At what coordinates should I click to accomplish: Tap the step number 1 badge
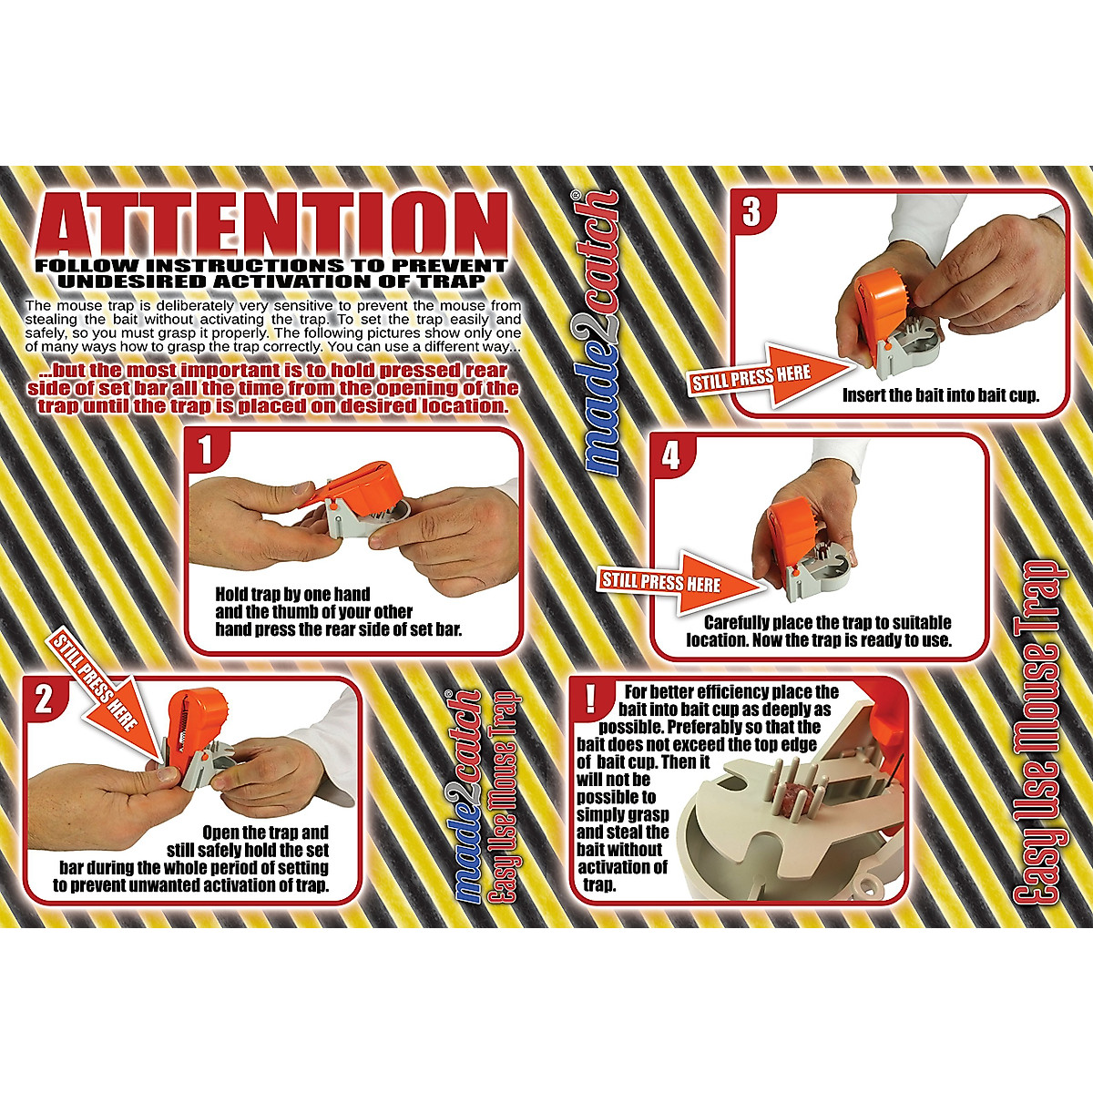coord(206,450)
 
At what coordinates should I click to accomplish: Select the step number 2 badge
coord(45,700)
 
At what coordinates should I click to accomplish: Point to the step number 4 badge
coord(671,455)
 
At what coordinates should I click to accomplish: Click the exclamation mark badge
coord(591,699)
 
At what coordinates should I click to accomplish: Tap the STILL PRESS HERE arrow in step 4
coord(679,580)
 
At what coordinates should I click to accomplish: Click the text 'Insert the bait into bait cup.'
coord(940,396)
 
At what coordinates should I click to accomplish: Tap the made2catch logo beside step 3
coord(604,332)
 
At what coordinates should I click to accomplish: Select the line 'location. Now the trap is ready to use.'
coord(819,640)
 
